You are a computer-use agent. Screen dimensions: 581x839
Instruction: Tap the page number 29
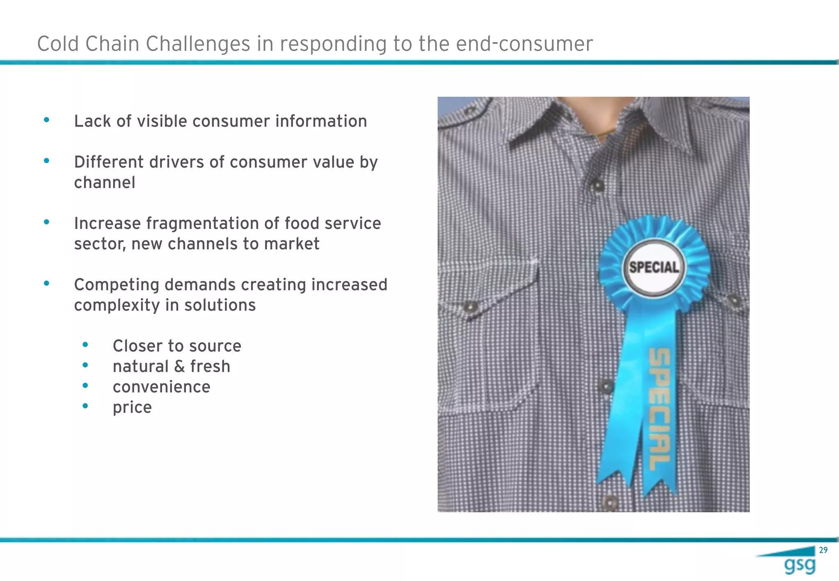(823, 550)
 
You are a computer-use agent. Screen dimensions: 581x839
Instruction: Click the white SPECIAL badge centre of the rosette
(654, 268)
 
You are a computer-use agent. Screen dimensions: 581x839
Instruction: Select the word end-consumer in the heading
(524, 44)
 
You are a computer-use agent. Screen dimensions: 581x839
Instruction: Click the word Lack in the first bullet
(93, 121)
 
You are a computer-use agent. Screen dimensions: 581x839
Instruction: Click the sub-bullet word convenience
(161, 387)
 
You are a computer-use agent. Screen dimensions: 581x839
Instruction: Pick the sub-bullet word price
(132, 407)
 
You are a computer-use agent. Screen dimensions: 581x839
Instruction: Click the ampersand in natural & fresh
(179, 367)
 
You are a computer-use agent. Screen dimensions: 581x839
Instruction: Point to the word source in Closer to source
(218, 346)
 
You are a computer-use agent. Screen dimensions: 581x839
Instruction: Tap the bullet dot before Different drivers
(47, 161)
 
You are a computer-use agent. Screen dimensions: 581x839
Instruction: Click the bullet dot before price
(85, 406)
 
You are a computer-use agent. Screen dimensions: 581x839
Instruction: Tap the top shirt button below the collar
(597, 186)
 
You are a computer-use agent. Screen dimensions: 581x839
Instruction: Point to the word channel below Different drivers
(104, 183)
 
